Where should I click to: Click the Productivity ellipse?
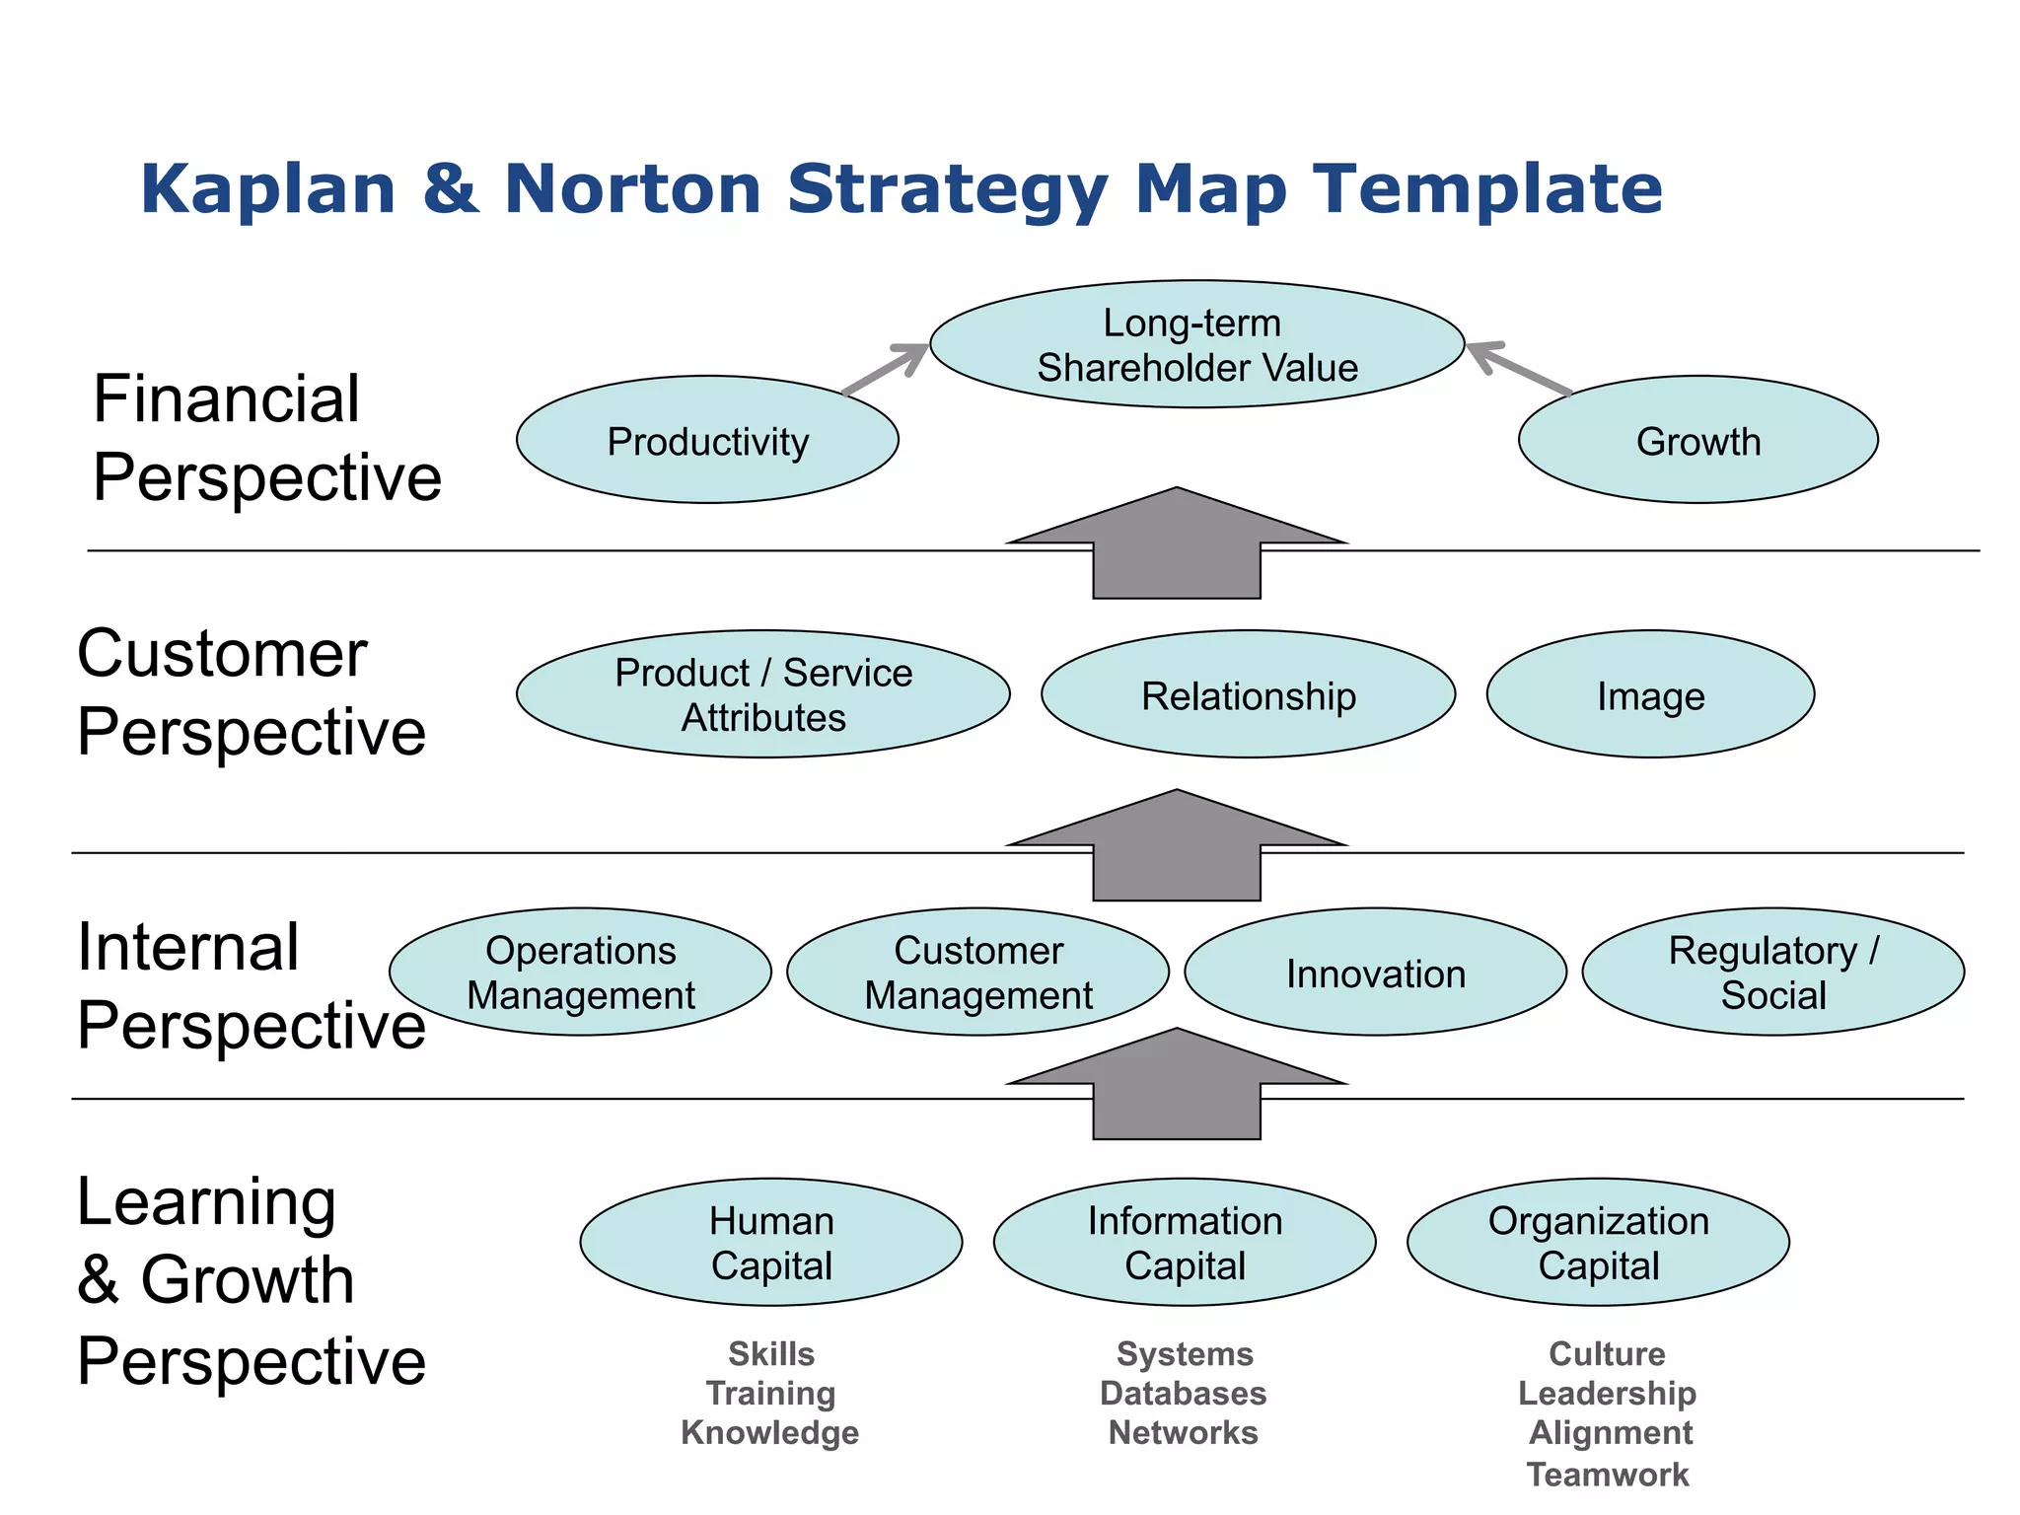pyautogui.click(x=707, y=440)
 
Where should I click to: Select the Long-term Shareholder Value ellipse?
pyautogui.click(x=1196, y=344)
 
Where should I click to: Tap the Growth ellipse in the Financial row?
pyautogui.click(x=1697, y=440)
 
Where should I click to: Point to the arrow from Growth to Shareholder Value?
pyautogui.click(x=1519, y=368)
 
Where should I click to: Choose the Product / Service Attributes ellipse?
pyautogui.click(x=762, y=694)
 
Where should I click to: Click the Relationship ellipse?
pyautogui.click(x=1248, y=694)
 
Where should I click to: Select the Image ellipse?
pyautogui.click(x=1650, y=694)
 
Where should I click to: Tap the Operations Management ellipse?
pyautogui.click(x=580, y=972)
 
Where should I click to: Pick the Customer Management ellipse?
pyautogui.click(x=977, y=972)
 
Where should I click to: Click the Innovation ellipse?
pyautogui.click(x=1375, y=972)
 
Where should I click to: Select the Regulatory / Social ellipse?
pyautogui.click(x=1772, y=972)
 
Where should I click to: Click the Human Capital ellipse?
pyautogui.click(x=771, y=1242)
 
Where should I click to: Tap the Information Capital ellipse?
pyautogui.click(x=1185, y=1242)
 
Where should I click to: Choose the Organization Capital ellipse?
pyautogui.click(x=1598, y=1242)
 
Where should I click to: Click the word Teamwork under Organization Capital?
pyautogui.click(x=1608, y=1475)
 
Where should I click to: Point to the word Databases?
pyautogui.click(x=1184, y=1393)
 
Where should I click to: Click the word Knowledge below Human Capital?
pyautogui.click(x=769, y=1432)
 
